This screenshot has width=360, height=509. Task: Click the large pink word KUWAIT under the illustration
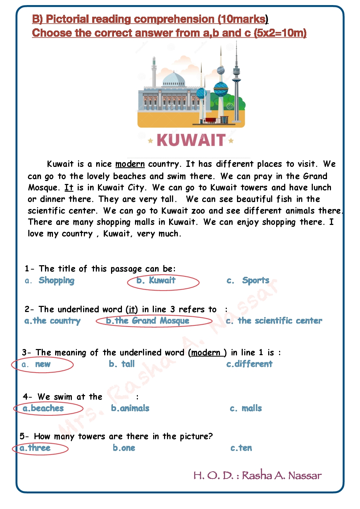[x=191, y=140]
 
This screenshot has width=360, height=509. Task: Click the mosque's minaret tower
[x=154, y=73]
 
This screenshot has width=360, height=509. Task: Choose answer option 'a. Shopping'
[x=50, y=280]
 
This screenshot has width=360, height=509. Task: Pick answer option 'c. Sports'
[x=248, y=280]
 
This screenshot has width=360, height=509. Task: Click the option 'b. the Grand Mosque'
[x=148, y=321]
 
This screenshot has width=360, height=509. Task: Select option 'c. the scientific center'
[x=274, y=321]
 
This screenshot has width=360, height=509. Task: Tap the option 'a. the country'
[x=53, y=321]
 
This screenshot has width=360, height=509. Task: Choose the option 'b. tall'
[x=122, y=364]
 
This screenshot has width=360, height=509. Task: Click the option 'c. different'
[x=249, y=364]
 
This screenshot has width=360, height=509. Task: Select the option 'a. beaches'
[x=44, y=408]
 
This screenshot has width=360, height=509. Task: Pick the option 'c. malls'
[x=246, y=408]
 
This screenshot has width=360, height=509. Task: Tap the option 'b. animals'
[x=130, y=408]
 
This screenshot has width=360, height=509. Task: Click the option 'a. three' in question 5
[x=36, y=448]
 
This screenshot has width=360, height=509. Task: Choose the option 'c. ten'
[x=241, y=448]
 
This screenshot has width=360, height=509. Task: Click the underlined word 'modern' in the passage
[x=130, y=164]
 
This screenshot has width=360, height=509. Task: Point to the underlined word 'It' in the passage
[x=69, y=188]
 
